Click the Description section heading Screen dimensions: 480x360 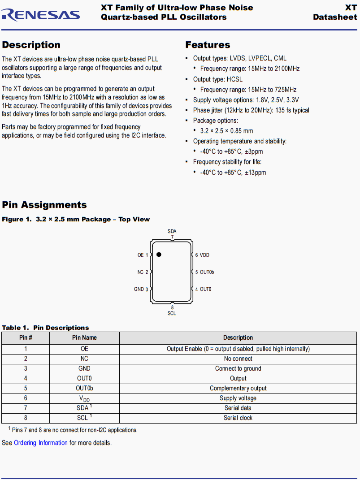pyautogui.click(x=31, y=45)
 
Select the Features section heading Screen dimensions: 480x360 pyautogui.click(x=208, y=45)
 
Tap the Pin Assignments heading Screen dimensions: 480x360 pyautogui.click(x=44, y=205)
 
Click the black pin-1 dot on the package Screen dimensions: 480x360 pyautogui.click(x=159, y=255)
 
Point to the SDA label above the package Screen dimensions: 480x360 pyautogui.click(x=172, y=231)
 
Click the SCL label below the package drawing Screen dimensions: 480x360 pyautogui.click(x=172, y=313)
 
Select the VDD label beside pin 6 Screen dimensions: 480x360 pyautogui.click(x=204, y=255)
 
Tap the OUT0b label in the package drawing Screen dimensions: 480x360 pyautogui.click(x=207, y=272)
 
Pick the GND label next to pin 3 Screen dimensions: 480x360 pyautogui.click(x=139, y=289)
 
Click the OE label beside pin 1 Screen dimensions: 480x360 pyautogui.click(x=141, y=255)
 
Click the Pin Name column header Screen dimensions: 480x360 pyautogui.click(x=84, y=337)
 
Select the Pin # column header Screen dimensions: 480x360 pyautogui.click(x=26, y=337)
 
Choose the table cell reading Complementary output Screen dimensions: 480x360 pyautogui.click(x=238, y=388)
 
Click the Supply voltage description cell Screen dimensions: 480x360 pyautogui.click(x=238, y=398)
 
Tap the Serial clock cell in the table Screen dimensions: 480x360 pyautogui.click(x=238, y=418)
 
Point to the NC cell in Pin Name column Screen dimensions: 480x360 pyautogui.click(x=84, y=359)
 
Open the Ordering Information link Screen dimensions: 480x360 pyautogui.click(x=41, y=443)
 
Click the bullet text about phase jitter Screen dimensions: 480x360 pyautogui.click(x=251, y=110)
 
